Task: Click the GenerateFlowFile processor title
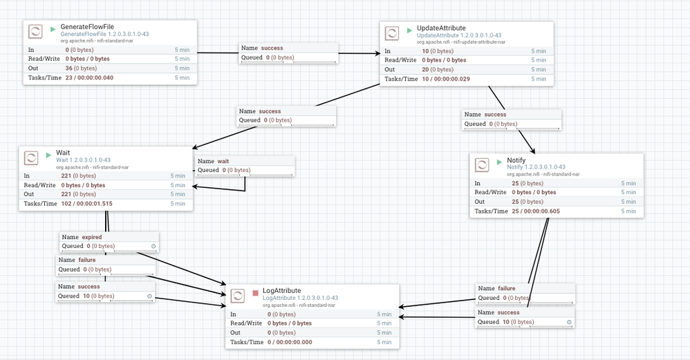click(x=87, y=26)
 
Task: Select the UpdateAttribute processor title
click(x=441, y=28)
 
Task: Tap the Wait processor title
click(x=63, y=153)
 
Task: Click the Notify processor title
click(x=516, y=160)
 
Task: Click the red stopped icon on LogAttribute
click(x=255, y=293)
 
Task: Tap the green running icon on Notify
click(x=497, y=162)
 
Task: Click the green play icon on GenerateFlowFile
click(x=53, y=29)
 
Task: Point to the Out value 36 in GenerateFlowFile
click(x=69, y=68)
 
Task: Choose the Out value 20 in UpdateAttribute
click(x=426, y=69)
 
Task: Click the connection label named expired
click(x=92, y=237)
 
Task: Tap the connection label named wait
click(x=223, y=161)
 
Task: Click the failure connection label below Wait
click(x=87, y=260)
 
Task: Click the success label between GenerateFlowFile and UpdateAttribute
click(x=272, y=48)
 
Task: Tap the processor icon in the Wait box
click(x=30, y=158)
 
